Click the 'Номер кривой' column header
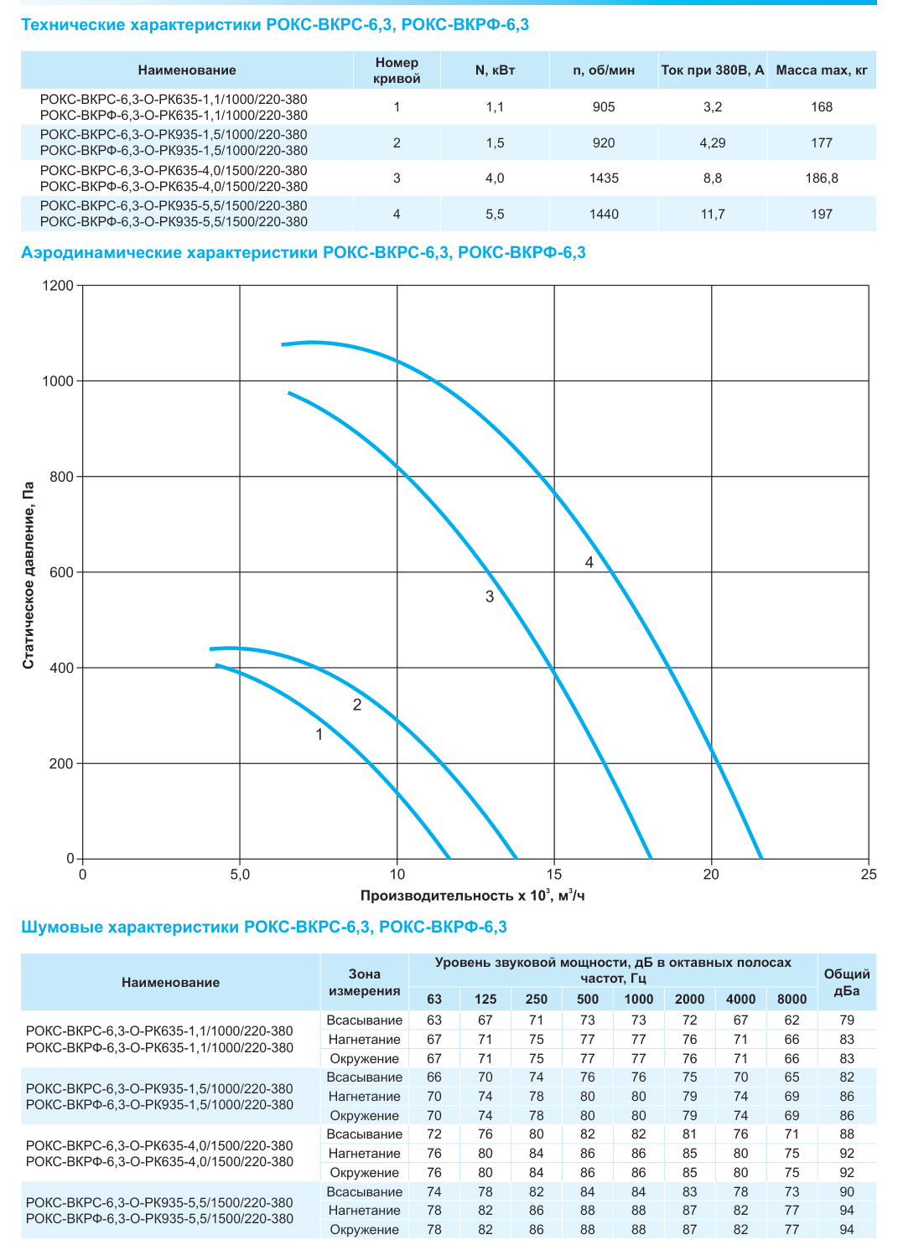click(x=396, y=70)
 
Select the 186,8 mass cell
click(x=821, y=178)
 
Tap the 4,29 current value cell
click(x=713, y=143)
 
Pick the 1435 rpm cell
click(x=604, y=178)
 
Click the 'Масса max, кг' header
click(x=822, y=70)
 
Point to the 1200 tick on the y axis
click(x=58, y=286)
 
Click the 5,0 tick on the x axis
click(x=240, y=874)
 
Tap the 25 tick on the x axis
click(x=869, y=874)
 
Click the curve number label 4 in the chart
click(x=589, y=562)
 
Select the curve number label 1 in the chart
click(x=319, y=735)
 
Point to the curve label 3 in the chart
click(x=490, y=597)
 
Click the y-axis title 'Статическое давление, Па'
click(x=29, y=576)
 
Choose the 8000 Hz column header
click(x=792, y=999)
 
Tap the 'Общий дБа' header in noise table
click(x=847, y=982)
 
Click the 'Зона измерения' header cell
click(x=364, y=982)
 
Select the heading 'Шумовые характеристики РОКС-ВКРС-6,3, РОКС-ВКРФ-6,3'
click(x=264, y=927)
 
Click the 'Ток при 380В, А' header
click(x=713, y=70)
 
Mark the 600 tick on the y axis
click(x=61, y=572)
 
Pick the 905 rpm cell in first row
click(x=604, y=107)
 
